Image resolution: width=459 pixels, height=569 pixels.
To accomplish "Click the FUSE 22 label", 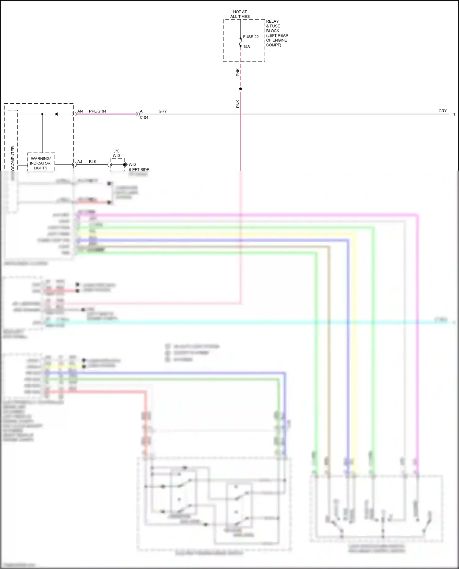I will (x=251, y=37).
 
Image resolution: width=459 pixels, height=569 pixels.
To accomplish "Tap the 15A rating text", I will (x=246, y=47).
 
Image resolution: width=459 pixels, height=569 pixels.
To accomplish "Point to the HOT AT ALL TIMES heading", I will (x=240, y=14).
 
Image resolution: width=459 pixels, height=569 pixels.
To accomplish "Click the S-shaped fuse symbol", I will (x=241, y=42).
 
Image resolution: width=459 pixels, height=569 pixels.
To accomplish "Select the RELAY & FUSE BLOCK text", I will (x=277, y=33).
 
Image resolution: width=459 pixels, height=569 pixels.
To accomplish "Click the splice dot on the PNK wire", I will (x=241, y=89).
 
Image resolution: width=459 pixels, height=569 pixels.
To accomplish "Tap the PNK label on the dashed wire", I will (x=238, y=72).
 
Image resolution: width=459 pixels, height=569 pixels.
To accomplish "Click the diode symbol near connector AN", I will (x=56, y=114).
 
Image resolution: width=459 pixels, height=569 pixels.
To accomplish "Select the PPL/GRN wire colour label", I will (x=97, y=111).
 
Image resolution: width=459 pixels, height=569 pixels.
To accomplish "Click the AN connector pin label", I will (x=80, y=111).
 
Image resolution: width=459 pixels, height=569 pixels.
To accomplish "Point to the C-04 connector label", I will (x=144, y=118).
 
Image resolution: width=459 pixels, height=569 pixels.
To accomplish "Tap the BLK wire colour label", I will (x=93, y=162).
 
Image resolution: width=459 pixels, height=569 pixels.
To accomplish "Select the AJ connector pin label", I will (x=80, y=162).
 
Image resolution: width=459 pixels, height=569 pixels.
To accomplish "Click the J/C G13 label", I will (x=117, y=153).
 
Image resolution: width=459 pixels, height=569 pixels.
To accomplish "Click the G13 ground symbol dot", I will (x=124, y=165).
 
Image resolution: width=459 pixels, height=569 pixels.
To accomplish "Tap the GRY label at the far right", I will (x=442, y=111).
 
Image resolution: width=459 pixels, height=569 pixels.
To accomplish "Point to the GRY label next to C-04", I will (x=162, y=111).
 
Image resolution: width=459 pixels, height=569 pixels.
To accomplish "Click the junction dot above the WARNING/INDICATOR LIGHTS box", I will (x=42, y=114).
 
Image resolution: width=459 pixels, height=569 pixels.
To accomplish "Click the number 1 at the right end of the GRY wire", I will (x=454, y=114).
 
